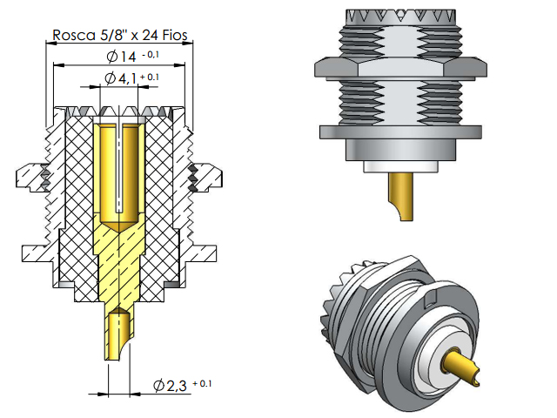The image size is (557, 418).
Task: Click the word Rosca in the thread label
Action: pyautogui.click(x=74, y=36)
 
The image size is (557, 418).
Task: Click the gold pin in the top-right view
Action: pyautogui.click(x=401, y=196)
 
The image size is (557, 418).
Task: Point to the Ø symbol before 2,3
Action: pyautogui.click(x=158, y=385)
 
